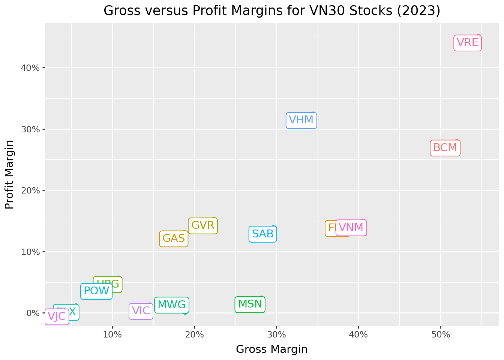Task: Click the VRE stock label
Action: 467,43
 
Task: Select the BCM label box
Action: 445,148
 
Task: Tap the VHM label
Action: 301,120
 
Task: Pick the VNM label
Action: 351,228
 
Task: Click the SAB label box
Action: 263,234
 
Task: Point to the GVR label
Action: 202,226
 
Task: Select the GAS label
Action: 174,238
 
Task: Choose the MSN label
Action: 250,304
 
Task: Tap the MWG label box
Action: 171,305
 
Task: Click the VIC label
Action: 141,311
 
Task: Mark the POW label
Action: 96,291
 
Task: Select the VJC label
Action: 57,316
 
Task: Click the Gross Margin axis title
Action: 272,349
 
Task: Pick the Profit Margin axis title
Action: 10,174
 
